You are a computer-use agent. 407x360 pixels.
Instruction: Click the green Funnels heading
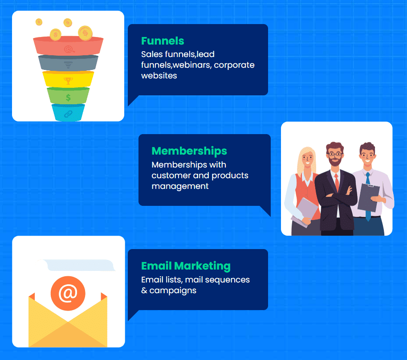click(x=163, y=41)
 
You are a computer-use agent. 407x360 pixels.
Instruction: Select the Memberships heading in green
click(x=189, y=151)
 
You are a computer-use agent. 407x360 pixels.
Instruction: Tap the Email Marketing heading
click(x=186, y=266)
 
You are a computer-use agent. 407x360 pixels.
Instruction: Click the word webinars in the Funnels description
click(x=192, y=65)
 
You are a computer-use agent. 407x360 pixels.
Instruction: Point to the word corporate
click(x=234, y=65)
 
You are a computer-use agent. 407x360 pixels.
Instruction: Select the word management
click(x=180, y=187)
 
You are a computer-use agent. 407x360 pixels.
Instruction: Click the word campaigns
click(x=173, y=290)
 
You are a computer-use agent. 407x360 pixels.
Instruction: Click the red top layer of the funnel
click(x=68, y=46)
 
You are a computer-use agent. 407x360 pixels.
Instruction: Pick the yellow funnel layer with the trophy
click(x=68, y=79)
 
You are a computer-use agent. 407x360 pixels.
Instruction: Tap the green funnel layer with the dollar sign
click(x=68, y=96)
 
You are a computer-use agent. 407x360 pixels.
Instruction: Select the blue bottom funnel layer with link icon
click(x=68, y=112)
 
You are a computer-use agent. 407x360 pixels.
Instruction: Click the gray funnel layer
click(x=68, y=63)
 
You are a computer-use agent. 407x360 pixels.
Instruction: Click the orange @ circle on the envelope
click(x=68, y=293)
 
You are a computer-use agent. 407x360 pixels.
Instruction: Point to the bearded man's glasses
click(x=334, y=154)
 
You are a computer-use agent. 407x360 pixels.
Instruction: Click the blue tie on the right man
click(x=368, y=196)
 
